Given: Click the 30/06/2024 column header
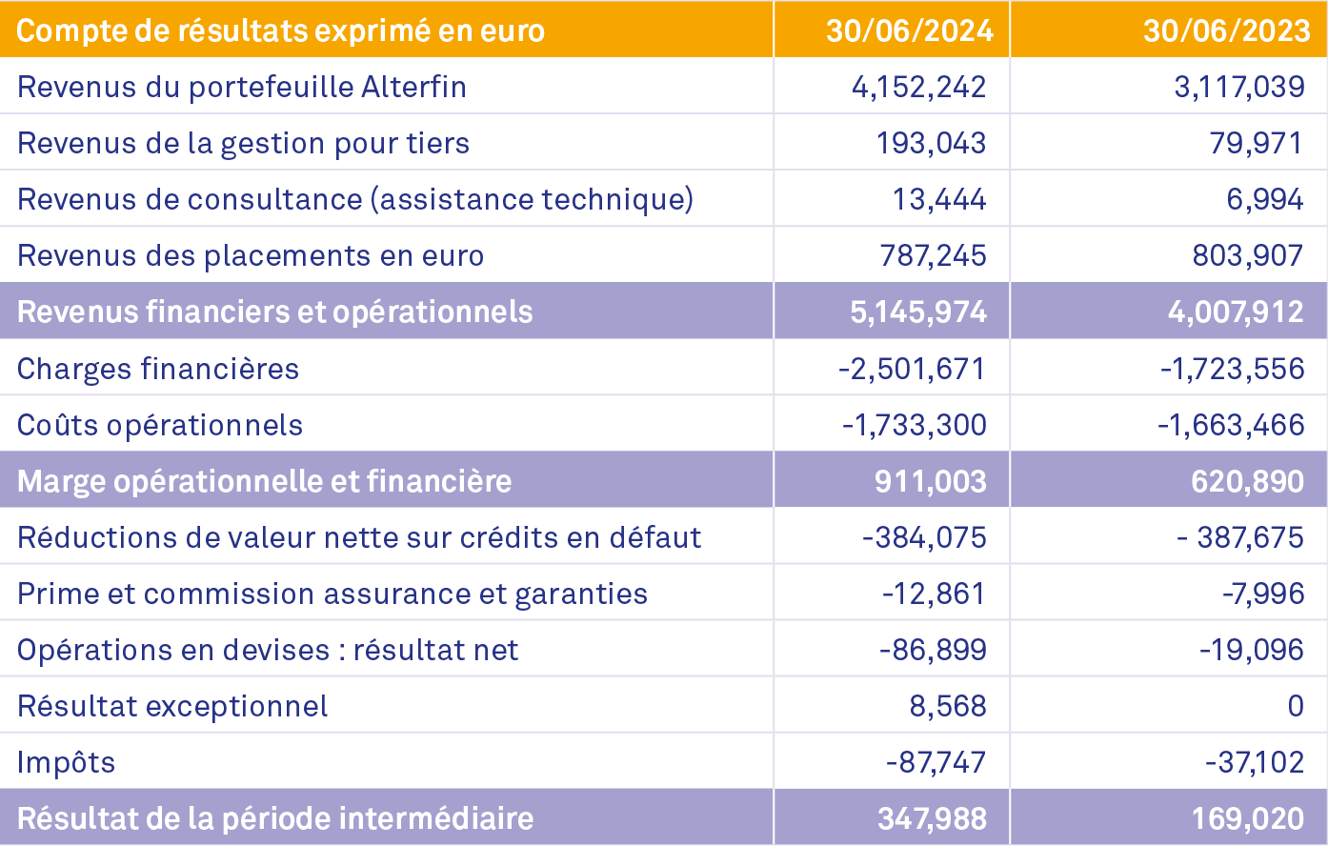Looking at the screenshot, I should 909,30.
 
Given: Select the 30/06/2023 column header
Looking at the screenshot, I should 1226,30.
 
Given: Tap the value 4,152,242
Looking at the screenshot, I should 918,87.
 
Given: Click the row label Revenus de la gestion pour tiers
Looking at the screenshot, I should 243,143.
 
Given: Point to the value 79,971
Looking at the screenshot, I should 1256,143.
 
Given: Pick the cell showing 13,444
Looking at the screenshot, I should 938,199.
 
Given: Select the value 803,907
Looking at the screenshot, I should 1247,255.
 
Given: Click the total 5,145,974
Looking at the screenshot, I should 918,312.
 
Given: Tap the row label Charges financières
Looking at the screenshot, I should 158,369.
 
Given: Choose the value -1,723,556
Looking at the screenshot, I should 1232,369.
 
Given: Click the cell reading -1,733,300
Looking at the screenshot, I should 914,425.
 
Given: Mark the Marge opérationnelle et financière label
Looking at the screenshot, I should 264,481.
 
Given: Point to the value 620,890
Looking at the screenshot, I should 1247,481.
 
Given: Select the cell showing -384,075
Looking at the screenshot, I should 924,537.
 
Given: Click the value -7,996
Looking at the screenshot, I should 1262,594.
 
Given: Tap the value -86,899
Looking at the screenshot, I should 933,650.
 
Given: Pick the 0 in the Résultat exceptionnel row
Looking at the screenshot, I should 1295,706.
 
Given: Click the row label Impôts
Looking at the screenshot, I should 66,762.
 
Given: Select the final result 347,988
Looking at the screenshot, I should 932,818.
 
